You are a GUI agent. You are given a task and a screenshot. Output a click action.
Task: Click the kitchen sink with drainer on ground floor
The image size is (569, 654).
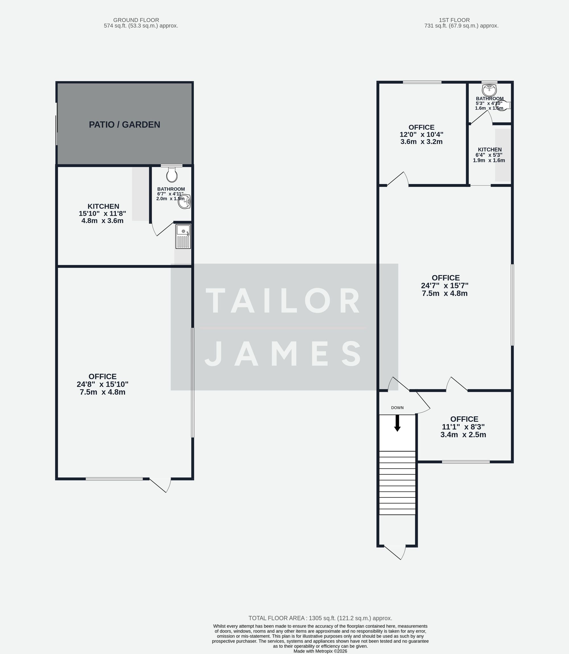[x=183, y=236]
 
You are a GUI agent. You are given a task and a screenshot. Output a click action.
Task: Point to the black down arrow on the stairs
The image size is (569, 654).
[x=397, y=423]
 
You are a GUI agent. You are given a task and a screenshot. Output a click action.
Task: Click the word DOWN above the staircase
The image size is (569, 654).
[x=397, y=408]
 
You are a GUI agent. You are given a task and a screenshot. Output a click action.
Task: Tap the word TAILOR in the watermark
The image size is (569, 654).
[x=284, y=301]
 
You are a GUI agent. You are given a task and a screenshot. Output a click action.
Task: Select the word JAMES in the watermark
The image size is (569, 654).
[x=284, y=353]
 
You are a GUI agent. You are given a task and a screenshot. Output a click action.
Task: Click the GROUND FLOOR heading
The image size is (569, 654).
[x=136, y=20]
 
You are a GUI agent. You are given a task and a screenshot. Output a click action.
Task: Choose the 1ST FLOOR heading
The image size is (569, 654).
[x=454, y=20]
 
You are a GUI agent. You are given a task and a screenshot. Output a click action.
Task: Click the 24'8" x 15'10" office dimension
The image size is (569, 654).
[x=102, y=384]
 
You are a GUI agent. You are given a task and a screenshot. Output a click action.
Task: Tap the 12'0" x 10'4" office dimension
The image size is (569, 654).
[x=421, y=134]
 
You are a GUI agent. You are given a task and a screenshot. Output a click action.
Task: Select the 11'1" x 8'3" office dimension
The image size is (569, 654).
[x=463, y=427]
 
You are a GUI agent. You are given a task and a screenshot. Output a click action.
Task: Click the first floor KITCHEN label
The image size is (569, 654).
[x=490, y=149]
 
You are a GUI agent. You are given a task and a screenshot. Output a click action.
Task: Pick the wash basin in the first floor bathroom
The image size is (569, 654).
[x=489, y=90]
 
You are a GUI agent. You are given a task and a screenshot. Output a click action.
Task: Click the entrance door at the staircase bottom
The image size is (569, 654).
[x=395, y=552]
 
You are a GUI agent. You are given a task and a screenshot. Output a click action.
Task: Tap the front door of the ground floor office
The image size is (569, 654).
[x=160, y=484]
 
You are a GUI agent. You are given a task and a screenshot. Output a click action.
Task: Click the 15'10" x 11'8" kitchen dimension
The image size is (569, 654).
[x=102, y=213]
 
